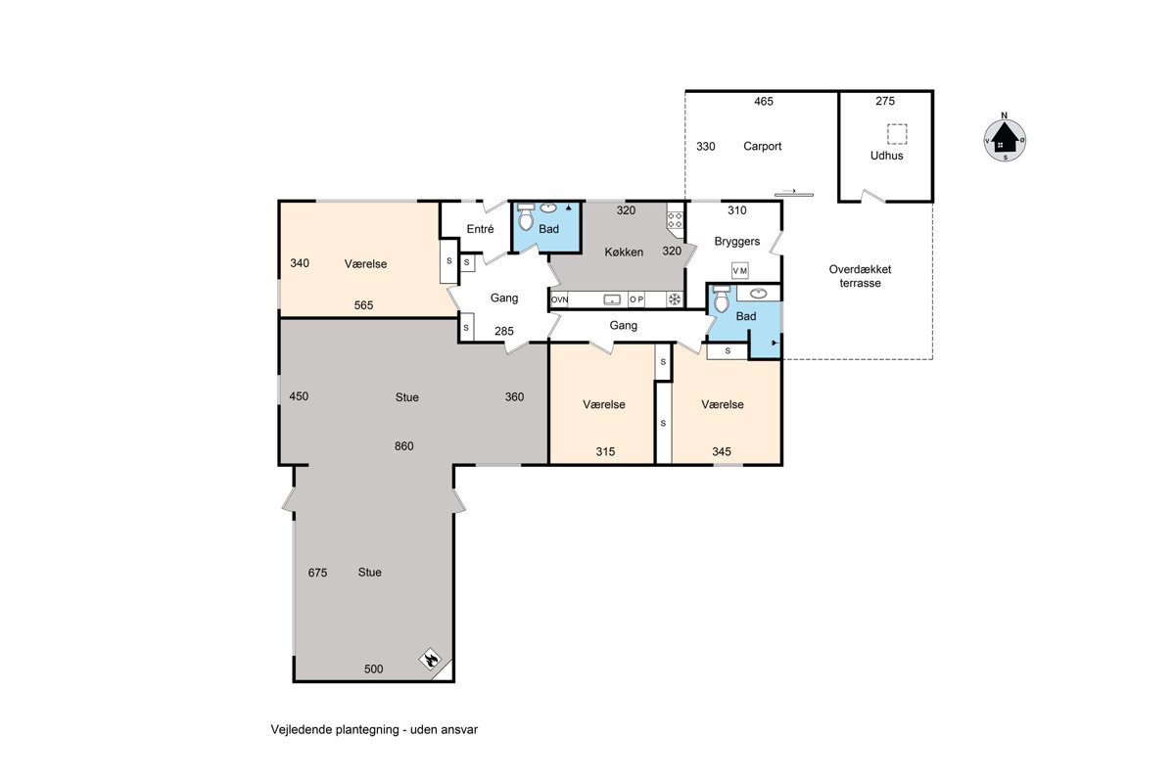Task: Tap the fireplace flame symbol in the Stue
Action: [x=431, y=659]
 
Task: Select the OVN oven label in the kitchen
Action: [x=560, y=299]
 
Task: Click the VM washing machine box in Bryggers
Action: [x=739, y=270]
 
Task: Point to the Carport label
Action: [x=762, y=146]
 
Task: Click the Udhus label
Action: [x=886, y=156]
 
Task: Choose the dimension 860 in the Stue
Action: [x=403, y=446]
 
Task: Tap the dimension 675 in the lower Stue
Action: [x=317, y=573]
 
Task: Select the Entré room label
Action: [x=480, y=229]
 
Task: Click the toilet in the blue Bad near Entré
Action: [x=525, y=217]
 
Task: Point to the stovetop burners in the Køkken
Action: [x=675, y=220]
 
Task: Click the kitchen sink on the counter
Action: [x=612, y=299]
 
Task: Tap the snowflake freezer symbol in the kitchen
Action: [x=675, y=299]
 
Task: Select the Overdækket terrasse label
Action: [x=860, y=276]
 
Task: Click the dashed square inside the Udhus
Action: [x=897, y=134]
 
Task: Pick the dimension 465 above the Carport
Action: [x=764, y=102]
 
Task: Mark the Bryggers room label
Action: [x=737, y=242]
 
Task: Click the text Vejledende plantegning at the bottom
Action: [x=335, y=730]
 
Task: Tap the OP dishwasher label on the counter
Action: [x=636, y=299]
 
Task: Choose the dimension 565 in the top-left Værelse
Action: [x=363, y=305]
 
